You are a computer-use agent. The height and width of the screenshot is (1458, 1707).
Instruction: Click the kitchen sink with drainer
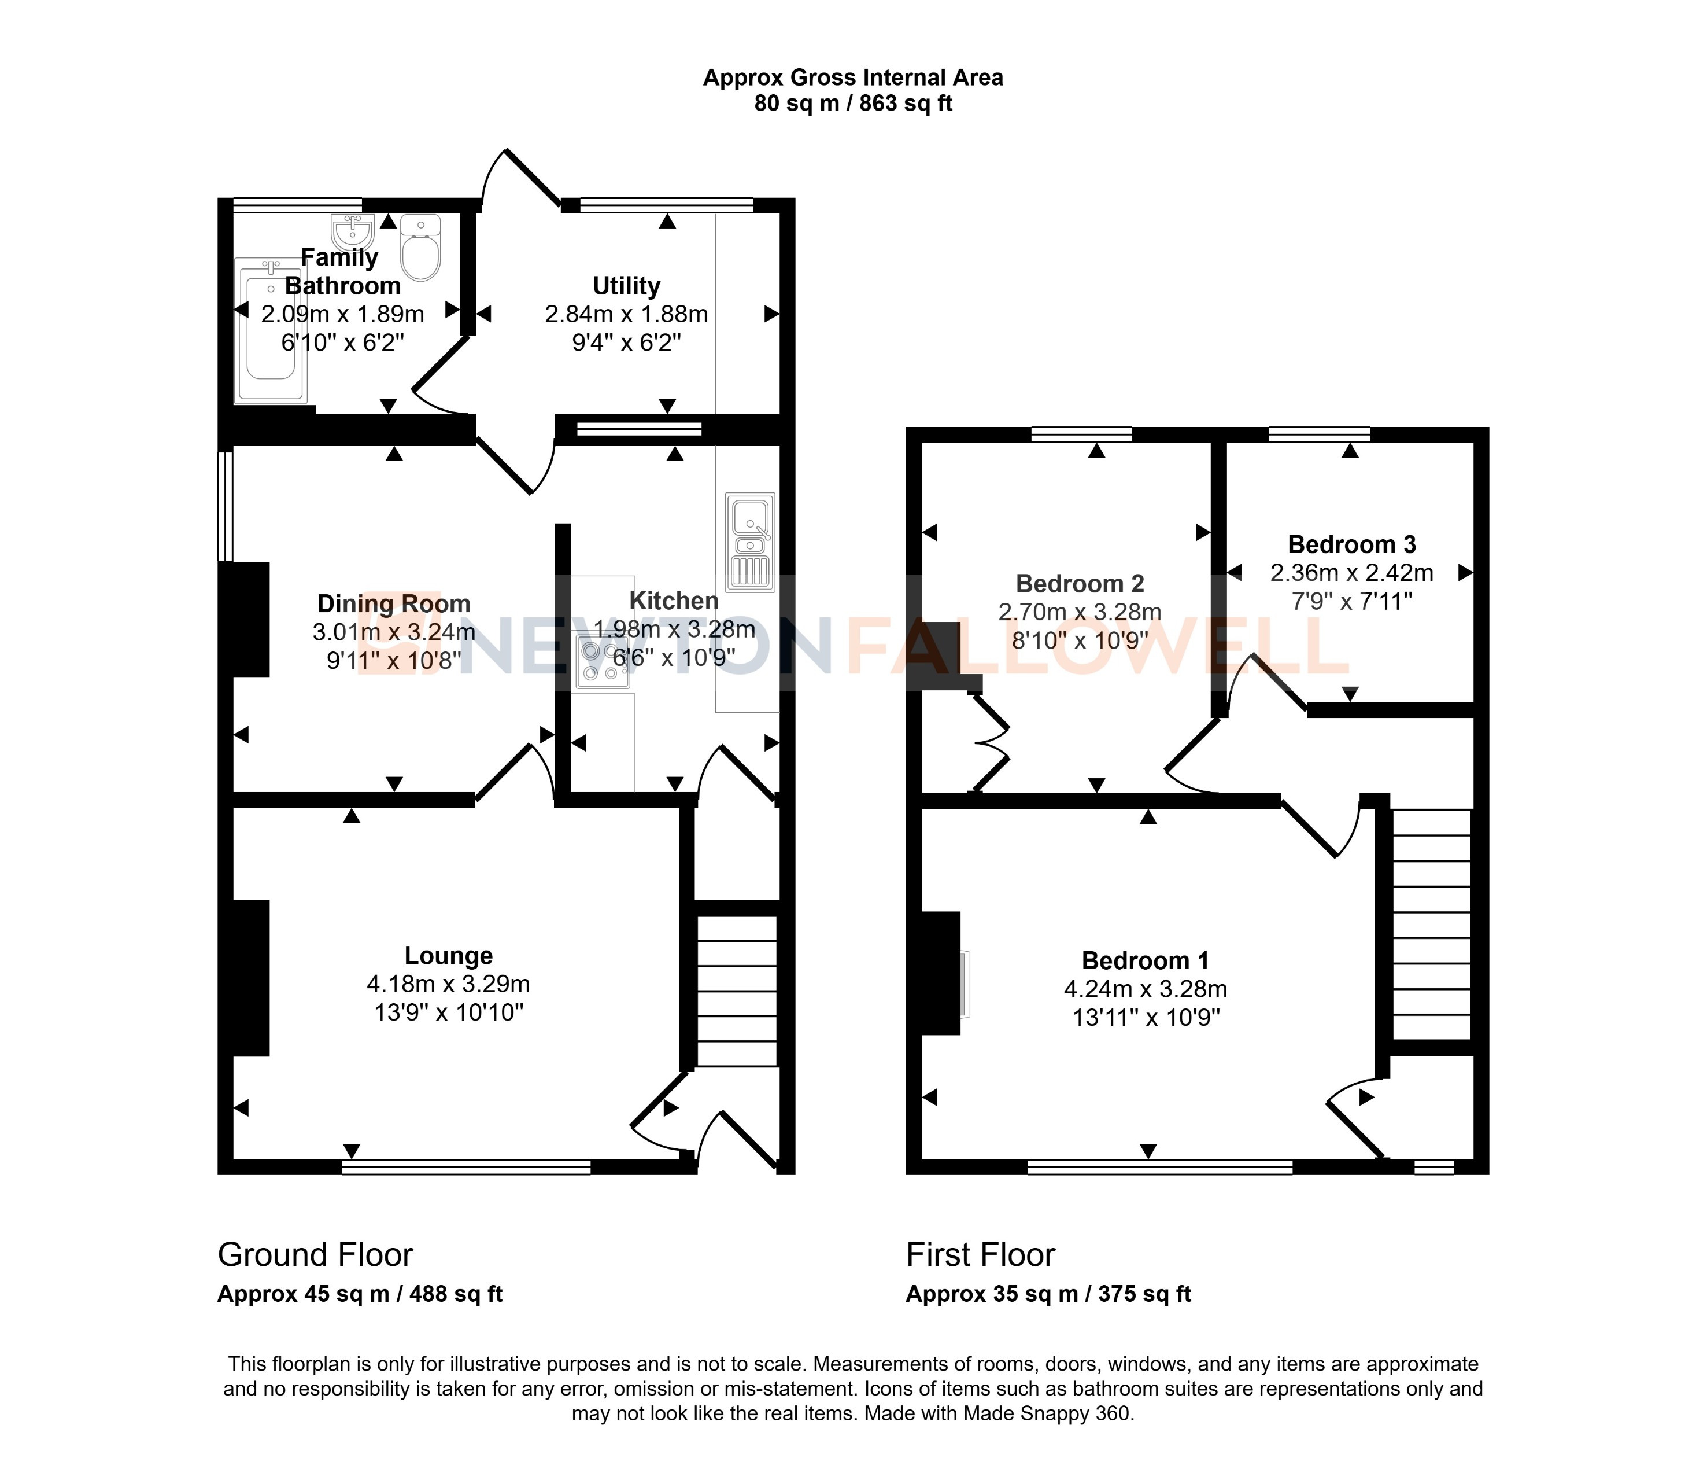pyautogui.click(x=749, y=542)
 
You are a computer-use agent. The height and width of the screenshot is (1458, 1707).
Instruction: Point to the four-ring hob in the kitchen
pyautogui.click(x=602, y=662)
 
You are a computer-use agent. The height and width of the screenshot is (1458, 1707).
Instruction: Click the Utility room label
pyautogui.click(x=626, y=286)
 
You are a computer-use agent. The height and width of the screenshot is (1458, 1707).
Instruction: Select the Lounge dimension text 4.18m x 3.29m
pyautogui.click(x=448, y=984)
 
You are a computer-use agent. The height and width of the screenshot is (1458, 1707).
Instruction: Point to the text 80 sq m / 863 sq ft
pyautogui.click(x=853, y=104)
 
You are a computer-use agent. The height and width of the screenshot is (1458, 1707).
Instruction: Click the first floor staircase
pyautogui.click(x=1432, y=923)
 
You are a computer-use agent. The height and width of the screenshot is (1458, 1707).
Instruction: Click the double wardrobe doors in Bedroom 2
pyautogui.click(x=992, y=744)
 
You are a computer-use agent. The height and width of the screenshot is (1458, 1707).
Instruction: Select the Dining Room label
pyautogui.click(x=394, y=603)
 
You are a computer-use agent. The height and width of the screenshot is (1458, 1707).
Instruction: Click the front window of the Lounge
pyautogui.click(x=466, y=1166)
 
